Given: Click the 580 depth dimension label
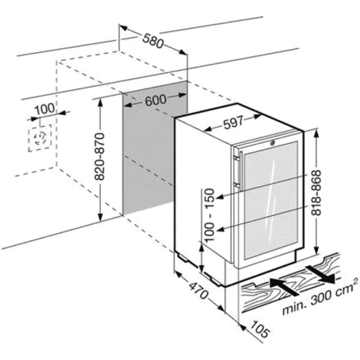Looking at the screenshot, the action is [153, 40].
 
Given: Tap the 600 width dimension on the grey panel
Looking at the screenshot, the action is [156, 99].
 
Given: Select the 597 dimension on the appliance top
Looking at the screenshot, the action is [233, 122].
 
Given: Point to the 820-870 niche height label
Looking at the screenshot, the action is [99, 156].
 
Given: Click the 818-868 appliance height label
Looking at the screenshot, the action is [316, 192].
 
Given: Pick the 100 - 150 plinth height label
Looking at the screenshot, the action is [210, 215].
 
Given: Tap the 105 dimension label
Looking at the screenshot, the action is [261, 329].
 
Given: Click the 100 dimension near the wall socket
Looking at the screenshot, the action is [45, 109].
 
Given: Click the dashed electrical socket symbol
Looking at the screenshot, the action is [40, 138].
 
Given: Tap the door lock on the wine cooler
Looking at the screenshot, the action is [273, 143].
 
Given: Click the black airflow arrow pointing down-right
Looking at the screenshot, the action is [322, 274].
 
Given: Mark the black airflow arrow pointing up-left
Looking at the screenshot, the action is [284, 287].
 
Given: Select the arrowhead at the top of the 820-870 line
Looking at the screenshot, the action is [101, 103].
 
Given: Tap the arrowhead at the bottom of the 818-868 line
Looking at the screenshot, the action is [317, 250].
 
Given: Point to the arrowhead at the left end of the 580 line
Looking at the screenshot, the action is [124, 27].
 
